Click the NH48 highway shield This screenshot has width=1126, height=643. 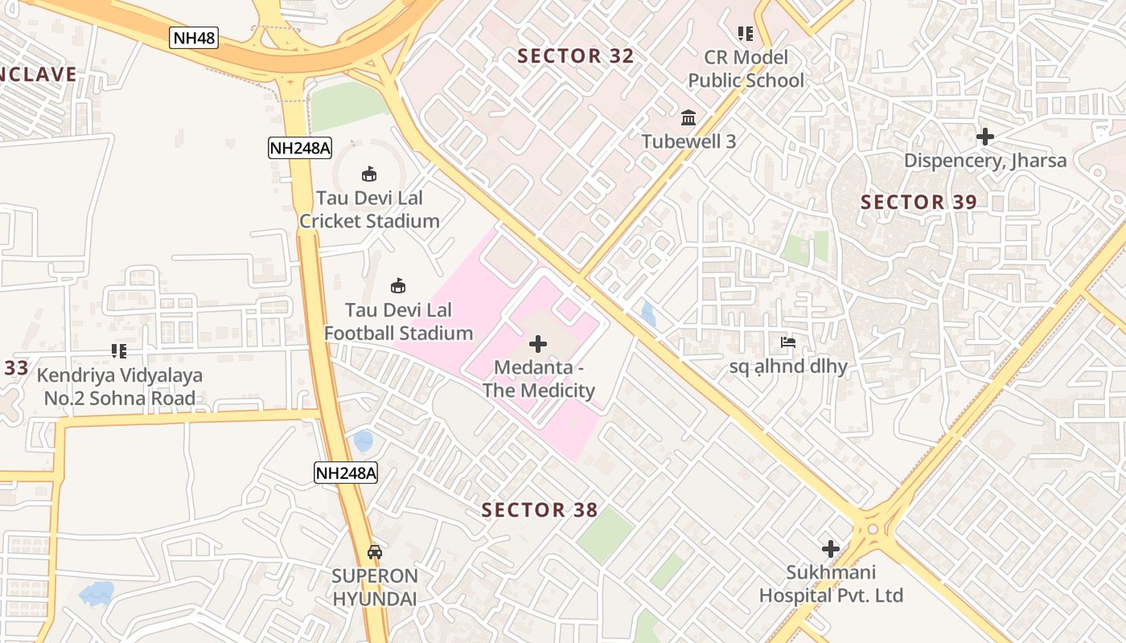tap(194, 37)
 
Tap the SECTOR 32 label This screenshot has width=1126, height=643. tap(576, 56)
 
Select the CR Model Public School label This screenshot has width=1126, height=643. tap(746, 69)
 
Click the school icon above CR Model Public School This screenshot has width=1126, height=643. tap(746, 34)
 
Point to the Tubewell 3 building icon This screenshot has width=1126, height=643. tap(688, 118)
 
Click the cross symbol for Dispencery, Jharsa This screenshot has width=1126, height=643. tap(985, 137)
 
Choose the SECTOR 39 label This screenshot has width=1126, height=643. tap(918, 203)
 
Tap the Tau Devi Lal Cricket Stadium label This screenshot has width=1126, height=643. tap(369, 209)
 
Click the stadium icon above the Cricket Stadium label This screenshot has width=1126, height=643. tap(369, 174)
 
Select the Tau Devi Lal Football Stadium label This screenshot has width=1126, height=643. tap(398, 321)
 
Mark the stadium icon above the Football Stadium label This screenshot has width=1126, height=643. tap(397, 285)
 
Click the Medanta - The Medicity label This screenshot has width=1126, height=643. tap(538, 379)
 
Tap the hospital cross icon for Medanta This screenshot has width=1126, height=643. tap(538, 344)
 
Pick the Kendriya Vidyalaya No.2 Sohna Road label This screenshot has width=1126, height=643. tap(120, 387)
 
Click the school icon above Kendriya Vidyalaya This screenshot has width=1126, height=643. tap(119, 351)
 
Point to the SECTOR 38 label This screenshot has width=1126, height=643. tap(540, 510)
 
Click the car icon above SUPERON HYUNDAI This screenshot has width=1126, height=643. tap(375, 552)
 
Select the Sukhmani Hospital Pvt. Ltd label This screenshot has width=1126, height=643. tap(831, 584)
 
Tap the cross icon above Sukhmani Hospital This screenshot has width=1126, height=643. tap(831, 549)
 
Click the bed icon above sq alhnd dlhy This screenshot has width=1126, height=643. tap(788, 343)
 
